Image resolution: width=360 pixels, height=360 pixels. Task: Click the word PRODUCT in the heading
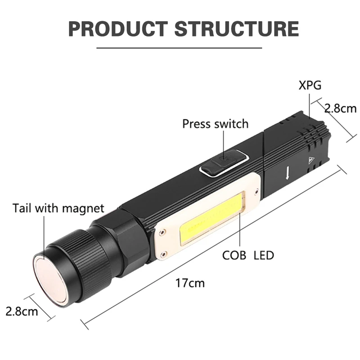118,28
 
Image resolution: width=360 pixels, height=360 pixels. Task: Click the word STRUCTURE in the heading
237,28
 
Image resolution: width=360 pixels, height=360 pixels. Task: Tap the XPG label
310,85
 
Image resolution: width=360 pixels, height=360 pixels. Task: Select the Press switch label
216,124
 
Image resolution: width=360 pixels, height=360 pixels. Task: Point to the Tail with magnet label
58,208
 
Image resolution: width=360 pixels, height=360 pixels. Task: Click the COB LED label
248,255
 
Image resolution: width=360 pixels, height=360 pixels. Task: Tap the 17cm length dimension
190,283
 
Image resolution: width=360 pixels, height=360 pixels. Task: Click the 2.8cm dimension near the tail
22,311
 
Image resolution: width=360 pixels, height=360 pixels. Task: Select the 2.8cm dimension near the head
340,108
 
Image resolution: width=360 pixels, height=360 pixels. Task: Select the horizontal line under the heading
179,48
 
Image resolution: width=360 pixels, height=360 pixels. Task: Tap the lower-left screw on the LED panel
163,254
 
